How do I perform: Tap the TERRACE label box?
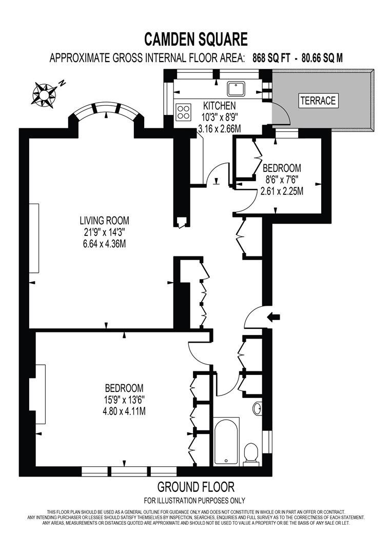pos(318,101)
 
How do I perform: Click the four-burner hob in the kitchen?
pos(184,111)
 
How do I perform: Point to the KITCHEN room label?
pos(219,106)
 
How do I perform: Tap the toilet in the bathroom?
pos(251,453)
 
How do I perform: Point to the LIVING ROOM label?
pos(104,221)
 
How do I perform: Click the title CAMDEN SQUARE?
pos(195,39)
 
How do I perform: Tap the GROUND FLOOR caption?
pos(195,487)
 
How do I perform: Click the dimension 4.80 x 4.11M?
pos(124,411)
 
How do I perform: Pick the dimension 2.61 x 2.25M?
pos(282,191)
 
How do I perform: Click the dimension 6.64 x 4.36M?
pos(104,244)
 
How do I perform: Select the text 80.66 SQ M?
pos(322,58)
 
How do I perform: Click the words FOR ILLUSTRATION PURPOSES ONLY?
pos(194,501)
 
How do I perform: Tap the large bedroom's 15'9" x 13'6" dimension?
pos(124,400)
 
